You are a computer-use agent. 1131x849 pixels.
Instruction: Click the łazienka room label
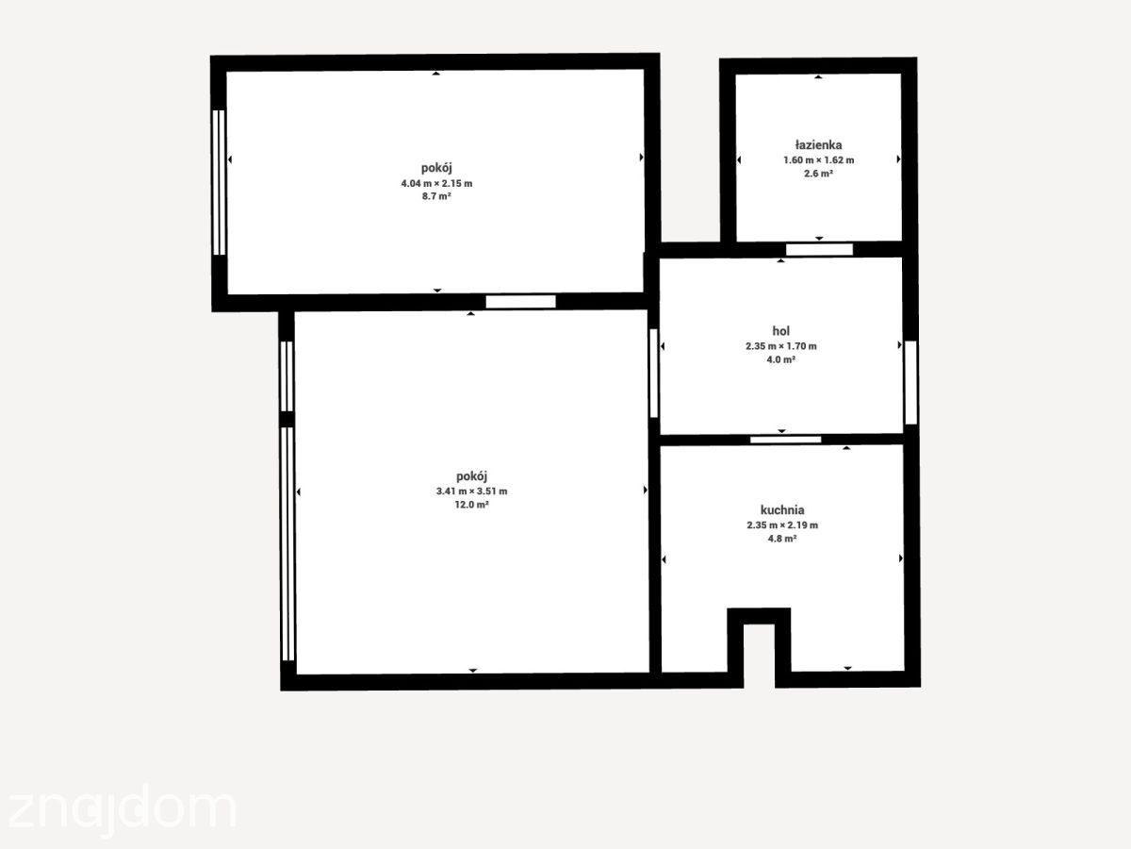point(818,145)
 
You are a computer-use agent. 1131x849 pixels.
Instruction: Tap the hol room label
point(780,331)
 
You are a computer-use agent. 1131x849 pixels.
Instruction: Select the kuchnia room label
point(782,509)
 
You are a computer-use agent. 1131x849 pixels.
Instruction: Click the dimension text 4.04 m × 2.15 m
point(436,183)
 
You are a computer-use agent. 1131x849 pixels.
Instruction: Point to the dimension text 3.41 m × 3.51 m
point(471,491)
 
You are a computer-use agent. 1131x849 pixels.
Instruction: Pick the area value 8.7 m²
point(436,196)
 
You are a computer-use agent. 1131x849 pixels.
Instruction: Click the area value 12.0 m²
point(471,505)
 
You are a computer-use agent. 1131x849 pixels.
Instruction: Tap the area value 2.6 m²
point(818,174)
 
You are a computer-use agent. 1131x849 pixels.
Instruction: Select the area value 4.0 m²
point(780,359)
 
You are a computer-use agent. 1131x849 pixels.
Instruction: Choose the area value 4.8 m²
point(782,539)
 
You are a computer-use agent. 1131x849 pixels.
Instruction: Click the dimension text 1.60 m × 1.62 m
point(818,160)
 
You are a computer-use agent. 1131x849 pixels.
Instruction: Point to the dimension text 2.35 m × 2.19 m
point(782,525)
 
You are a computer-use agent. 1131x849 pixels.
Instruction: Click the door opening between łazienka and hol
point(819,249)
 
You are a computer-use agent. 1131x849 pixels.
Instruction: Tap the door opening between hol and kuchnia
point(785,440)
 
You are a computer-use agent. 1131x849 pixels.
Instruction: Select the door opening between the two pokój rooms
point(520,302)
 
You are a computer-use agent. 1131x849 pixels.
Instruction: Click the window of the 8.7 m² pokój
point(219,182)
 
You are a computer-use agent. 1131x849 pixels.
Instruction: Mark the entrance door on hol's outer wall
point(910,382)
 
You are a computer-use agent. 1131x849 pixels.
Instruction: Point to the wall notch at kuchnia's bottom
point(759,647)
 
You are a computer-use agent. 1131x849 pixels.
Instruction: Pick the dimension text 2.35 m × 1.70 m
point(780,346)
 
